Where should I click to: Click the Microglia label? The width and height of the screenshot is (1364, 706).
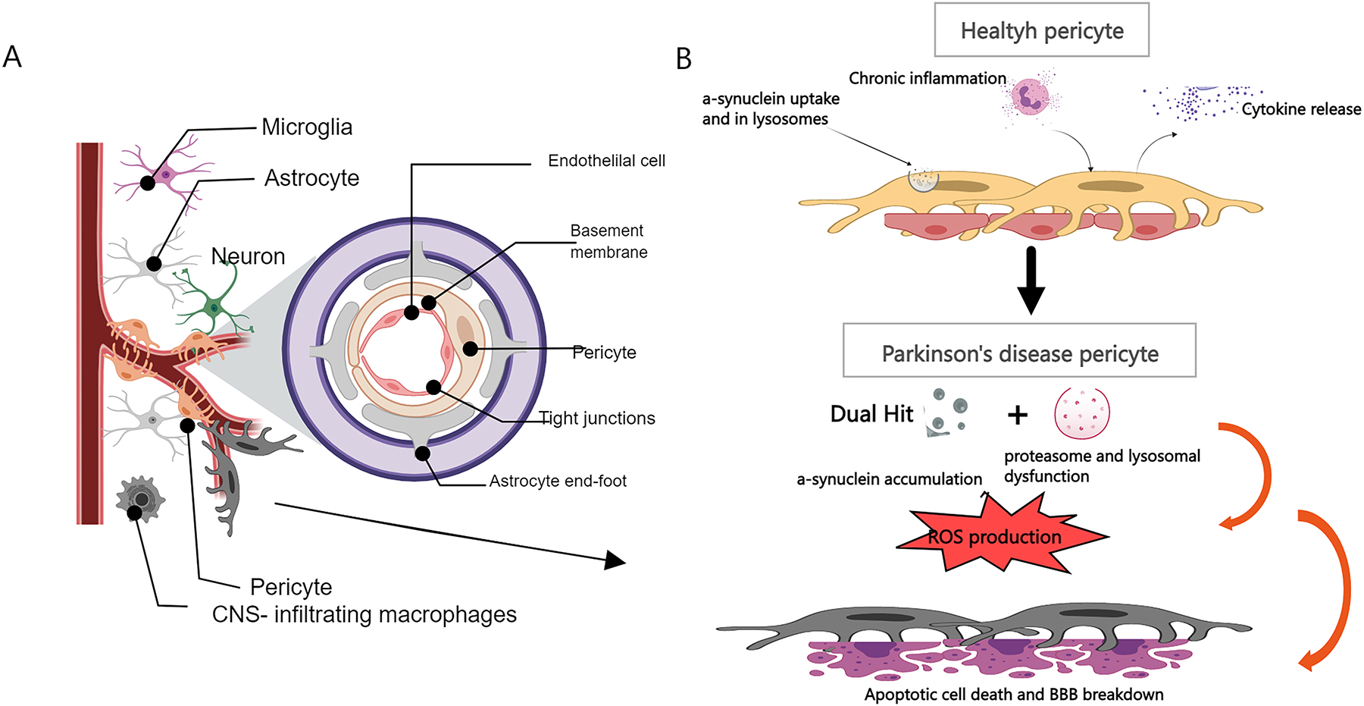point(307,127)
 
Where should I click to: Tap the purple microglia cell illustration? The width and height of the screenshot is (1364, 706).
point(165,174)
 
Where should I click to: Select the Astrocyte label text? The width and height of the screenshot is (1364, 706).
point(311,178)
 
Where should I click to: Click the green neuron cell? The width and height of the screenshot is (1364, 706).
point(214,306)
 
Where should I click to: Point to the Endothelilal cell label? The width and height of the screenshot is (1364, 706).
point(606,161)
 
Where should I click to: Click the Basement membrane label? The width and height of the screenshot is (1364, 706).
point(608,241)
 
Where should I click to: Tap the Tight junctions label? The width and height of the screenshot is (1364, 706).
point(597,419)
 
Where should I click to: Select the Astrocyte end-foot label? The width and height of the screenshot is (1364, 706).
point(558,481)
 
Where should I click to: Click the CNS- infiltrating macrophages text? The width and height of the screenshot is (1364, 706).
point(364,614)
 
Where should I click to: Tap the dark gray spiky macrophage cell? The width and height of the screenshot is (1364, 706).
point(140,499)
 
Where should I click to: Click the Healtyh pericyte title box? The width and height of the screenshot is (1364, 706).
point(1041,30)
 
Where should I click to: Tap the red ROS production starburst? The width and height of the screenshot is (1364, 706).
point(995,537)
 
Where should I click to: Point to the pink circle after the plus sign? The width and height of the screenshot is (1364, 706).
point(1081,413)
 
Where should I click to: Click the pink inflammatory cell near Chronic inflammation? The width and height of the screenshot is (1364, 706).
point(1030,96)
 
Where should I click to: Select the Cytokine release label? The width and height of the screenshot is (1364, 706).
point(1301,109)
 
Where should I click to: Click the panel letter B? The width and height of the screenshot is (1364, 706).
point(684,59)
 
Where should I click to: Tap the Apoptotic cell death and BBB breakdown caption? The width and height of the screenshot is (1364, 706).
point(1014,695)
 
